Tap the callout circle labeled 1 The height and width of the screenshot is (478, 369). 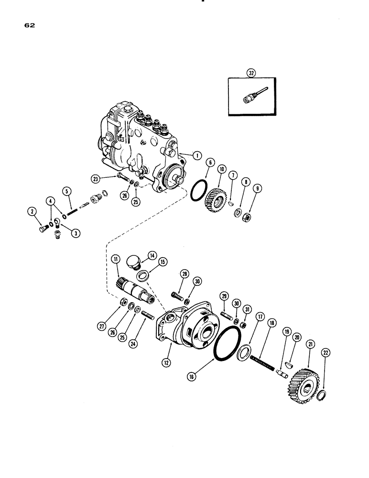tap(195, 154)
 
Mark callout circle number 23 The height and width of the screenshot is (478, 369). tap(97, 178)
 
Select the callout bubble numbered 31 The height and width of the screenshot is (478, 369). tap(247, 310)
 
